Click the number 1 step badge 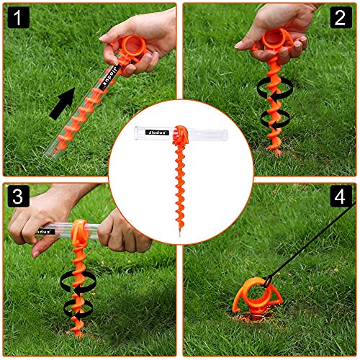(19, 17)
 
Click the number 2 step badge (341, 17)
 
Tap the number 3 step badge (19, 196)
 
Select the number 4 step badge (341, 196)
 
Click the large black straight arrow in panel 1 (63, 104)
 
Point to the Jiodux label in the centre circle (157, 132)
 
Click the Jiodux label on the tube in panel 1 (110, 77)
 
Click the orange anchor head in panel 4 (257, 297)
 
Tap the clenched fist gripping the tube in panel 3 (124, 232)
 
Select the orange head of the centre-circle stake (181, 135)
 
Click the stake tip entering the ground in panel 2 (278, 153)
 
